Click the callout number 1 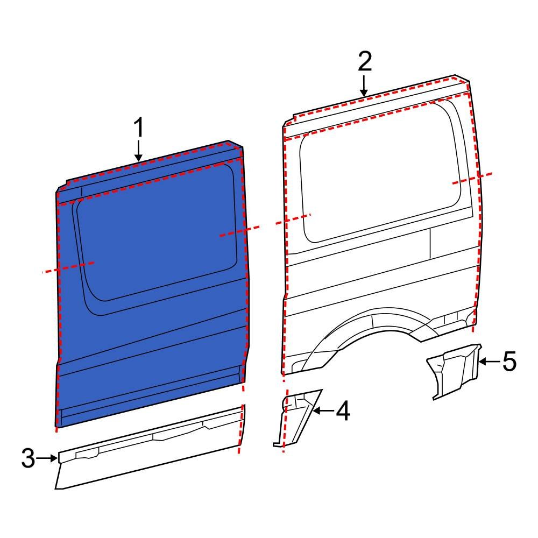139,129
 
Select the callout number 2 364,62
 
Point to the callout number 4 343,412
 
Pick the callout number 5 509,362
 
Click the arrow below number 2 364,86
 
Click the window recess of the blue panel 156,237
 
